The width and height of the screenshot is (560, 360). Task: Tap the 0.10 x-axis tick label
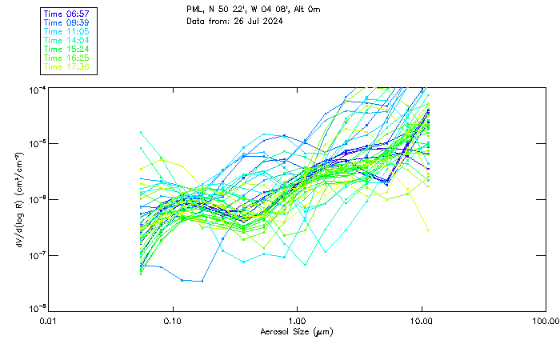pyautogui.click(x=173, y=321)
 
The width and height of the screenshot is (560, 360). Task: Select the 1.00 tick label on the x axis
pyautogui.click(x=298, y=321)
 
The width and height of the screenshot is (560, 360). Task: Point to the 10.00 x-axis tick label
pyautogui.click(x=422, y=321)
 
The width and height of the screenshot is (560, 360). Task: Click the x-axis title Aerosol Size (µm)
pyautogui.click(x=297, y=331)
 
